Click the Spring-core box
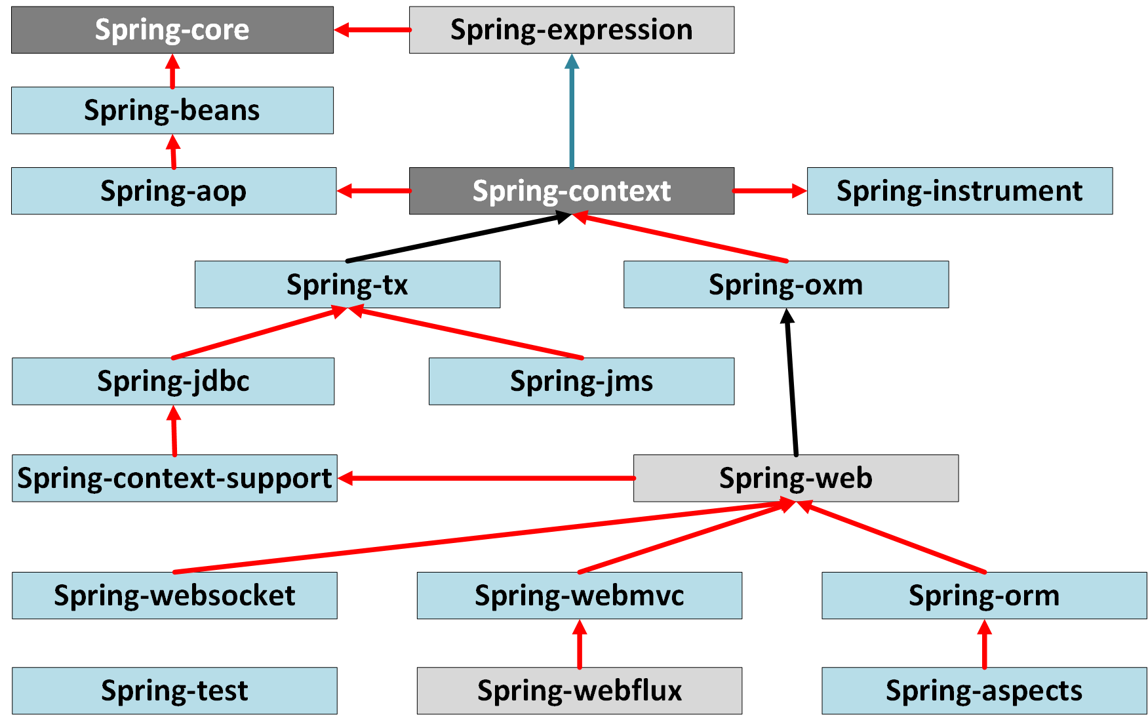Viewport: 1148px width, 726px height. (172, 30)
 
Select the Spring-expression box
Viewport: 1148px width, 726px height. (571, 30)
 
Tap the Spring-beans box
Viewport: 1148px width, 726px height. (172, 110)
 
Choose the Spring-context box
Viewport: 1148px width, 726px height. (571, 191)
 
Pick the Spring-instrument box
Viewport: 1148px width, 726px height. (959, 191)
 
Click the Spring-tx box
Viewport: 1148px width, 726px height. (347, 285)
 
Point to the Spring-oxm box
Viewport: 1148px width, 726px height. (785, 285)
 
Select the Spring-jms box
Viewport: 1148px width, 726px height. (581, 381)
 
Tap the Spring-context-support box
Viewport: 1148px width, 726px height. (174, 478)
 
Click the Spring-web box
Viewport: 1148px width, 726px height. (795, 478)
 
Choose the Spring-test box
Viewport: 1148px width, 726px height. (174, 691)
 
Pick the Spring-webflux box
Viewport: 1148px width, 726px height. (579, 691)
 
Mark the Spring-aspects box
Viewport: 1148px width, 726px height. (983, 691)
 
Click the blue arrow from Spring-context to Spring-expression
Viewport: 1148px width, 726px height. (572, 111)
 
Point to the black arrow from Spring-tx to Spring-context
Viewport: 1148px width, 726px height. (459, 237)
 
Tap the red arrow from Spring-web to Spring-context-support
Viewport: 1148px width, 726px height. (485, 478)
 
